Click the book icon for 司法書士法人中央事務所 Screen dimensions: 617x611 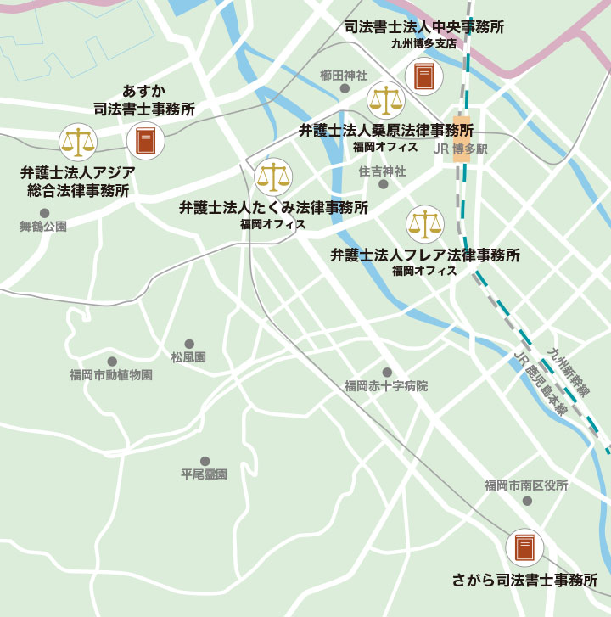[x=424, y=76]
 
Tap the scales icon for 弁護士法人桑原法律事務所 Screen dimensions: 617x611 [x=386, y=100]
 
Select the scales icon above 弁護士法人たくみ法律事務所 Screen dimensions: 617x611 [x=273, y=177]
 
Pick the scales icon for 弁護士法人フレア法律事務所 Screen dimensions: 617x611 [x=424, y=224]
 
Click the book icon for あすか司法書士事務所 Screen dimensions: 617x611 [x=146, y=141]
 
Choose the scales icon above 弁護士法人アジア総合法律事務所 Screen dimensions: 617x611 [x=78, y=141]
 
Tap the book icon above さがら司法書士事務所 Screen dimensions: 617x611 [x=524, y=547]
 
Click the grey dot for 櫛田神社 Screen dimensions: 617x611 [x=345, y=88]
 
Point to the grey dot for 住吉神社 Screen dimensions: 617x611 [x=383, y=184]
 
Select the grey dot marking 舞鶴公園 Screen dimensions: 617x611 [x=44, y=213]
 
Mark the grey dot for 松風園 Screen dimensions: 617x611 [x=188, y=345]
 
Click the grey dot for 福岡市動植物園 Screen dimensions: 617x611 [x=111, y=362]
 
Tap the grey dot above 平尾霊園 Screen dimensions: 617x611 [x=205, y=461]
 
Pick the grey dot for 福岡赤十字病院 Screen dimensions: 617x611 [x=386, y=373]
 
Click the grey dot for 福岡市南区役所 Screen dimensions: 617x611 [x=526, y=501]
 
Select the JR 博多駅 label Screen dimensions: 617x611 [x=459, y=148]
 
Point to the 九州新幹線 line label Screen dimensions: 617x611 [x=569, y=373]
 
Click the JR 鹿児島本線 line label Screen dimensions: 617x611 [x=540, y=382]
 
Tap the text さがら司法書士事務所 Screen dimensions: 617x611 [x=525, y=581]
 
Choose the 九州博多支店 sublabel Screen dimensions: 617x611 [x=423, y=43]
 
